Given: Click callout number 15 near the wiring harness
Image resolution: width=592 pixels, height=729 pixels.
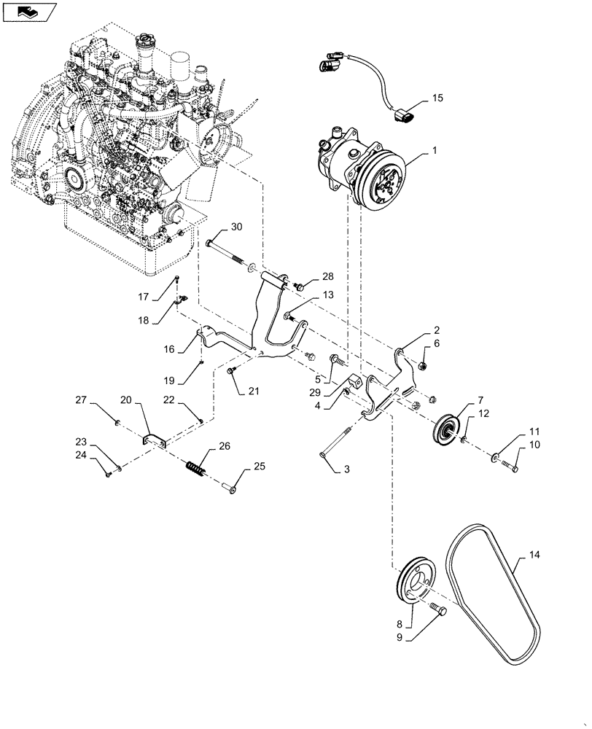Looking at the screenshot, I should pos(436,97).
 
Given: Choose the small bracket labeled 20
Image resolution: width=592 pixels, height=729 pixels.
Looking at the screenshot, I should pos(154,441).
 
